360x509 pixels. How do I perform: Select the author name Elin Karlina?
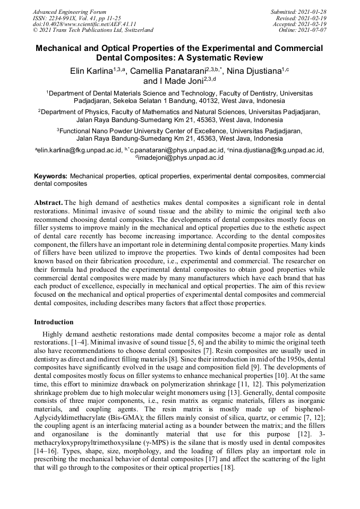coord(91,72)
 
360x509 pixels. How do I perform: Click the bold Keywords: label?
coord(50,176)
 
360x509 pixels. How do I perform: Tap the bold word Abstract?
coord(49,203)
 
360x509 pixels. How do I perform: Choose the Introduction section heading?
coord(54,322)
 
